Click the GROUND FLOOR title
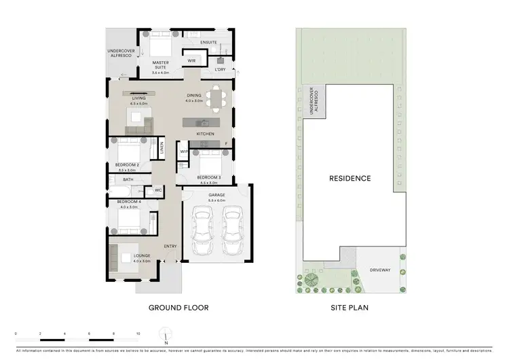pos(178,308)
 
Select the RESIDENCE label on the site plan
pos(350,179)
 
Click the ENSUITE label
pos(208,43)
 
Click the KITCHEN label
pos(206,134)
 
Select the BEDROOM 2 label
pos(128,165)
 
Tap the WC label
pos(157,190)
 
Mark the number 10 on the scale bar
pos(138,334)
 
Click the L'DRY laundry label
pos(220,70)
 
